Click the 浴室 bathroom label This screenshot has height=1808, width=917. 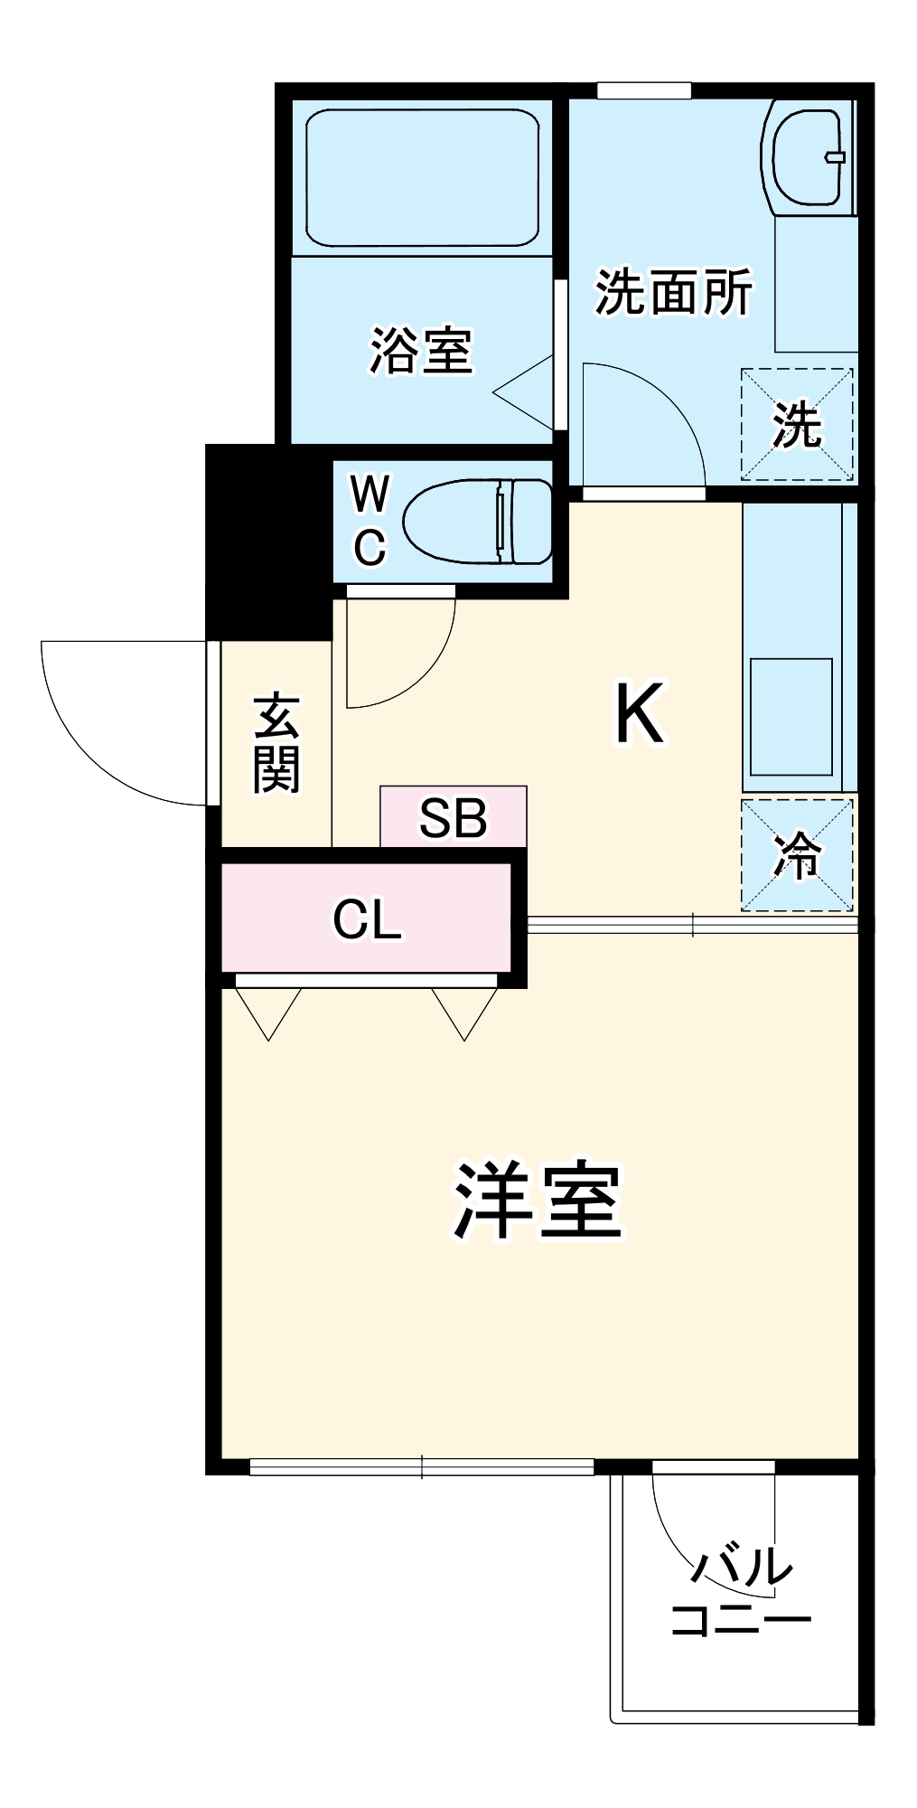click(x=421, y=351)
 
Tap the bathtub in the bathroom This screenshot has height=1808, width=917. click(x=422, y=178)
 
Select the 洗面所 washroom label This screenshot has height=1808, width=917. click(x=673, y=292)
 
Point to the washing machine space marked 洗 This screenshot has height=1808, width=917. click(x=797, y=424)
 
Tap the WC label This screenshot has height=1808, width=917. click(x=370, y=522)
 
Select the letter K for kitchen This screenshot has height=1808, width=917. click(x=639, y=714)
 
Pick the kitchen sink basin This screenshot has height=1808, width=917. click(x=791, y=716)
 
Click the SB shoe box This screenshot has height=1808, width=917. click(x=453, y=817)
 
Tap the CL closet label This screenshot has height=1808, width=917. click(x=366, y=919)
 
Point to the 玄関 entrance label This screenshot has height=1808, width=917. click(x=276, y=743)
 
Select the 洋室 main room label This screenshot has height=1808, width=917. click(x=538, y=1200)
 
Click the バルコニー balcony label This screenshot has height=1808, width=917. click(x=740, y=1593)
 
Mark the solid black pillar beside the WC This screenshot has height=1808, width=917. click(x=267, y=542)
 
